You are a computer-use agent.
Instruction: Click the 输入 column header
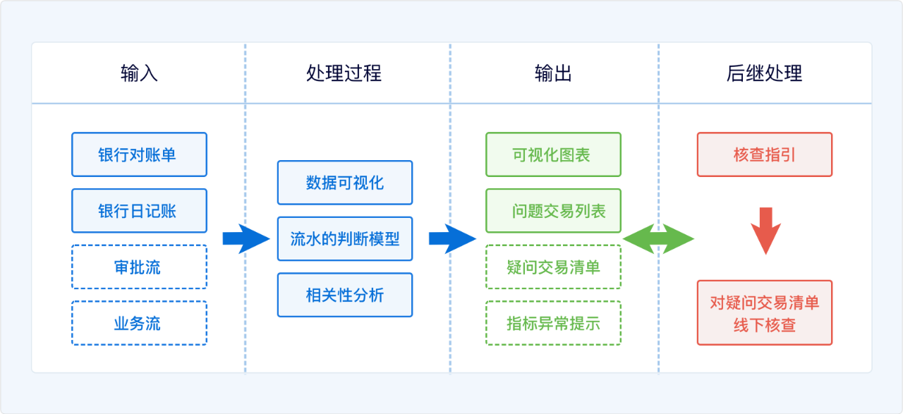(x=139, y=73)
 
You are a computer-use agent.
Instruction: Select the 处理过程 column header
(x=344, y=73)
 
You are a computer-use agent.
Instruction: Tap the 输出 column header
(x=553, y=73)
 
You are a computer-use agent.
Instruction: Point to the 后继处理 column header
(x=764, y=73)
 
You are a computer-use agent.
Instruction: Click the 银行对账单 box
(x=140, y=154)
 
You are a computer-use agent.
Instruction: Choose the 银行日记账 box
(x=140, y=211)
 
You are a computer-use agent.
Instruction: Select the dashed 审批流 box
(x=140, y=267)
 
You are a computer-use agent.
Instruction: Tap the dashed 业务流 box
(x=140, y=323)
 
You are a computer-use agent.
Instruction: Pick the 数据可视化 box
(x=345, y=183)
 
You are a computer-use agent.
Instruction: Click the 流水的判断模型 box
(x=345, y=238)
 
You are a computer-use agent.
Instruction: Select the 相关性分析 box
(x=345, y=295)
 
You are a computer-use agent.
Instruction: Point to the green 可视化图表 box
(x=554, y=154)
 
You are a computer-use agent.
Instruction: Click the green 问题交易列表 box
(x=554, y=211)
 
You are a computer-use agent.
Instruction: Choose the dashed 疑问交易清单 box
(x=554, y=267)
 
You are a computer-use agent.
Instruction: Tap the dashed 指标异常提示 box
(x=554, y=323)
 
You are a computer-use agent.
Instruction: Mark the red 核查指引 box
(x=765, y=154)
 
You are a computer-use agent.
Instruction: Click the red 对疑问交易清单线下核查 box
(x=765, y=313)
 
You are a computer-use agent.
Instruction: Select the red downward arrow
(x=766, y=231)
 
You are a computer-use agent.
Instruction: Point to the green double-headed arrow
(x=658, y=238)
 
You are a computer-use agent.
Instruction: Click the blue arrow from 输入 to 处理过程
(x=246, y=238)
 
